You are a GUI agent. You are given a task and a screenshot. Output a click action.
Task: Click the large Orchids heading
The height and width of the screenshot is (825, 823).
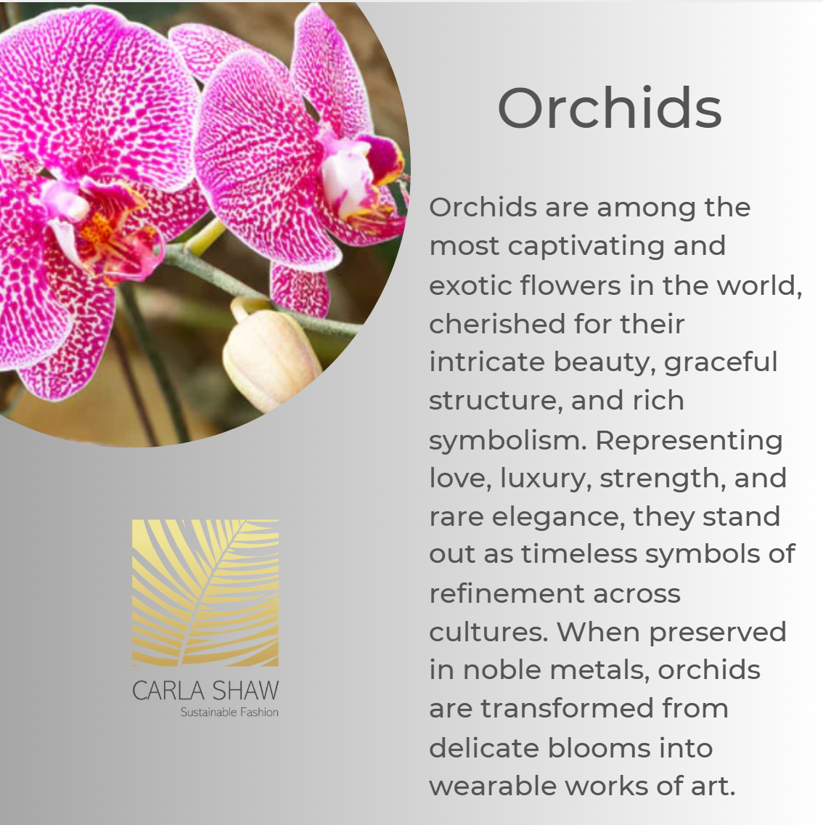(x=610, y=108)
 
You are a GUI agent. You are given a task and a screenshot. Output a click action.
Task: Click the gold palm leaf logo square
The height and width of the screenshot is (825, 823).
(x=205, y=593)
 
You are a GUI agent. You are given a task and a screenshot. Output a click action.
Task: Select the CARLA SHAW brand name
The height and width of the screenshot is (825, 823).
(x=205, y=691)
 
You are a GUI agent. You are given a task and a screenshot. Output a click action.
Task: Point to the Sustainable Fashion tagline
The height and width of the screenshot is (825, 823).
(x=229, y=712)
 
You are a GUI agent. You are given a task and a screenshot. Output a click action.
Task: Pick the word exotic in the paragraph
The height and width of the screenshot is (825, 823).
(x=471, y=285)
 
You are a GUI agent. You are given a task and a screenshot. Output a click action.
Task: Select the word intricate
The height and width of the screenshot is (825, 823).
(x=487, y=362)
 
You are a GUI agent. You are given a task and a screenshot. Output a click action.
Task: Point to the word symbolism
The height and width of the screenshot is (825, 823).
(x=507, y=441)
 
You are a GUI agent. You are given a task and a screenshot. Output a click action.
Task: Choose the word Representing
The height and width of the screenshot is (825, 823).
(x=689, y=441)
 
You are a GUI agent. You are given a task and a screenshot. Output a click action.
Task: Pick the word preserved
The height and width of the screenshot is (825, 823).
(x=718, y=633)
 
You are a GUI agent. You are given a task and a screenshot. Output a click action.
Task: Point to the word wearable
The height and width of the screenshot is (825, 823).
(x=493, y=786)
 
